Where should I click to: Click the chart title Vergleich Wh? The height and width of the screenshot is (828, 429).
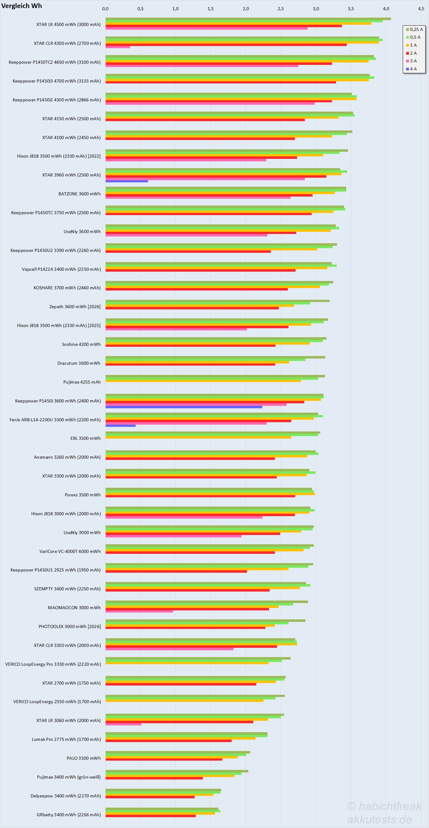pyautogui.click(x=22, y=6)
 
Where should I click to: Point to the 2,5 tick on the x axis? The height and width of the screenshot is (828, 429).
pyautogui.click(x=281, y=9)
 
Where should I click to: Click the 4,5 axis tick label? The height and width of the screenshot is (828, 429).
pyautogui.click(x=421, y=9)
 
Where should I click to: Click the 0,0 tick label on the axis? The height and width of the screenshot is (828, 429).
pyautogui.click(x=105, y=9)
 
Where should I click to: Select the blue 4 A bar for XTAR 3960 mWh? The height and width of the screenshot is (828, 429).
pyautogui.click(x=127, y=181)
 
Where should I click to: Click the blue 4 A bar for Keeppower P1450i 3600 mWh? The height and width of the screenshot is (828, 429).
pyautogui.click(x=184, y=407)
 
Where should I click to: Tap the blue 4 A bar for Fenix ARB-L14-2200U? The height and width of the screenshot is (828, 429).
pyautogui.click(x=121, y=426)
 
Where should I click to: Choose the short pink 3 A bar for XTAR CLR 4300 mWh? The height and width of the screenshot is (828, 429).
pyautogui.click(x=118, y=47)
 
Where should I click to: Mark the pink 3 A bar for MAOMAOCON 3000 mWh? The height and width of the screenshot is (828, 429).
pyautogui.click(x=139, y=611)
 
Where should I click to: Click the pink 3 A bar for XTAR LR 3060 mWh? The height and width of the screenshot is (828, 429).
pyautogui.click(x=123, y=724)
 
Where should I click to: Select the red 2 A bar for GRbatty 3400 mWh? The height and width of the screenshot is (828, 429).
pyautogui.click(x=151, y=816)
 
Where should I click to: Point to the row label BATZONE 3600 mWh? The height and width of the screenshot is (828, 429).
pyautogui.click(x=79, y=194)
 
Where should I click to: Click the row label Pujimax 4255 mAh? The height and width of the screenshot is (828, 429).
pyautogui.click(x=82, y=382)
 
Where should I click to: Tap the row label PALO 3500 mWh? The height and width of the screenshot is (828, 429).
pyautogui.click(x=83, y=758)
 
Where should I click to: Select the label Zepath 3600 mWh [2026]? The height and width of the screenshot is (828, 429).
pyautogui.click(x=75, y=307)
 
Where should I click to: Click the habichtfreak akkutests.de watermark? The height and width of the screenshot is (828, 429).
pyautogui.click(x=384, y=813)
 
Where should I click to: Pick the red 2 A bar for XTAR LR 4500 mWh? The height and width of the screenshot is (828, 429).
pyautogui.click(x=224, y=26)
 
